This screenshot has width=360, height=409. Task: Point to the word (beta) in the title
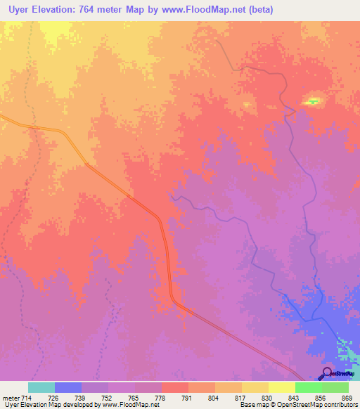coord(258,10)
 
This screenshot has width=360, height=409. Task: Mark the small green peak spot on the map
coord(312,102)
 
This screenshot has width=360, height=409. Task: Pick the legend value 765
coord(122,397)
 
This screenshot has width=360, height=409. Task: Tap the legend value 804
coord(203,397)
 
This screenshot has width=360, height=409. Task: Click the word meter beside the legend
coord(11,397)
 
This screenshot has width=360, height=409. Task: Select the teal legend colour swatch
coord(41,387)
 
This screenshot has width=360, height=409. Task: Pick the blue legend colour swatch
coord(68,387)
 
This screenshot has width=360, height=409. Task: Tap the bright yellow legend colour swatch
coord(282,387)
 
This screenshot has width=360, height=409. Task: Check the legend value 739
coord(68,397)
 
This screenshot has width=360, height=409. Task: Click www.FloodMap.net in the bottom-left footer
coord(130,405)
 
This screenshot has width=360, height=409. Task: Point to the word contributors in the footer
coord(340,405)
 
